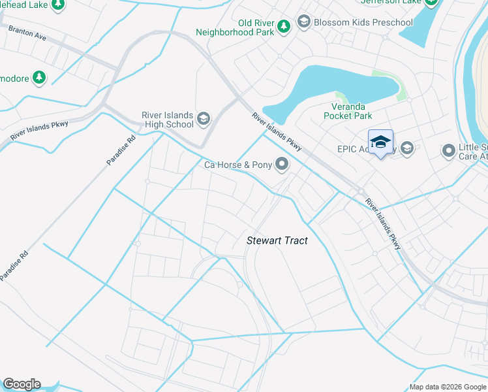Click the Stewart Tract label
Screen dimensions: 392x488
point(277,240)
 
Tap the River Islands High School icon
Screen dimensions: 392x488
point(203,118)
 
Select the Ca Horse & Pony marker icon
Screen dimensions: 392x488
point(282,164)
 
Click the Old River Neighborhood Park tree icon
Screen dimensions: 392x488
point(283,26)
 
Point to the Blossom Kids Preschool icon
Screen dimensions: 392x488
point(303,22)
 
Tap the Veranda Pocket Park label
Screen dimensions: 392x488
point(348,111)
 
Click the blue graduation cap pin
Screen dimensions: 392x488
point(380,142)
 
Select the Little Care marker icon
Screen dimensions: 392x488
point(448,151)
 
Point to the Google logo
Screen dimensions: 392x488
point(22,384)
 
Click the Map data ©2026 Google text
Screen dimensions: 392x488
point(448,387)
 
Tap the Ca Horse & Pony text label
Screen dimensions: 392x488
point(237,165)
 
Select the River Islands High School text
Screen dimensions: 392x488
point(168,120)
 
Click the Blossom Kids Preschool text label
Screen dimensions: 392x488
point(363,22)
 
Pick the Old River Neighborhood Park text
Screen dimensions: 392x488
point(236,27)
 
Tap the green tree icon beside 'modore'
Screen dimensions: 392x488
point(39,78)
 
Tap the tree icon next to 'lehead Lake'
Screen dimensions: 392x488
point(58,4)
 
